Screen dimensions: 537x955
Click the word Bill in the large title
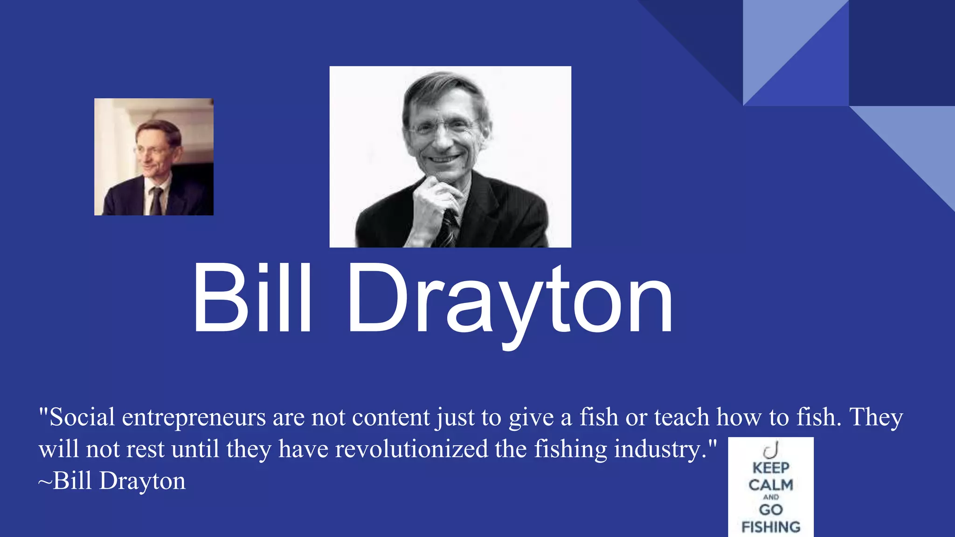pyautogui.click(x=252, y=298)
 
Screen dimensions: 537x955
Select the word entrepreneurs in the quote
pyautogui.click(x=194, y=418)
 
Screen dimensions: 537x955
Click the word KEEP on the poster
pyautogui.click(x=770, y=468)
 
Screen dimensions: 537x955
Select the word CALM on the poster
pyautogui.click(x=770, y=485)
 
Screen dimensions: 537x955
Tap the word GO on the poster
pyautogui.click(x=770, y=510)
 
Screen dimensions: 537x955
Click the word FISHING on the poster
pyautogui.click(x=770, y=527)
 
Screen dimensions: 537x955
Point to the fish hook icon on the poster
pyautogui.click(x=771, y=450)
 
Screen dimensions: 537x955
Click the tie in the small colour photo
pyautogui.click(x=156, y=200)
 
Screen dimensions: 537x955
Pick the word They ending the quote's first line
pyautogui.click(x=876, y=417)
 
